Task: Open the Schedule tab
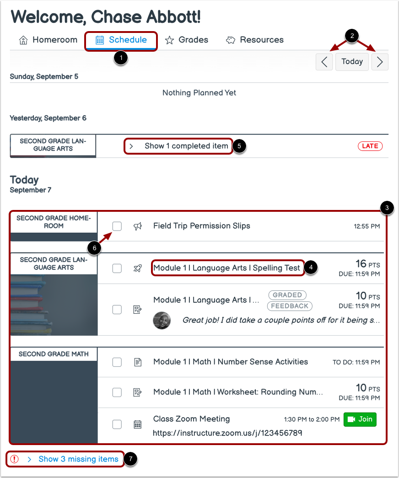pos(121,40)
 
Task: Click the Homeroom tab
pos(48,40)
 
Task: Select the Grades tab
pos(186,40)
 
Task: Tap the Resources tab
pos(254,40)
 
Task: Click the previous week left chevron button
pos(324,62)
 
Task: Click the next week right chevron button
pos(380,62)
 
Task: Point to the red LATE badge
pos(370,146)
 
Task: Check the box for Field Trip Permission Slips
pos(117,226)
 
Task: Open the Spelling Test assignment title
pos(226,268)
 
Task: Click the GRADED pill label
pos(287,295)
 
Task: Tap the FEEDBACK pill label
pos(290,306)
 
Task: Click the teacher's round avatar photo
pos(162,320)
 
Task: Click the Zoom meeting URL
pos(227,433)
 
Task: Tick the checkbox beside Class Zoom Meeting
pos(117,424)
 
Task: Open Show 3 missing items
pos(78,459)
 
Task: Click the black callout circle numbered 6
pos(95,248)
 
